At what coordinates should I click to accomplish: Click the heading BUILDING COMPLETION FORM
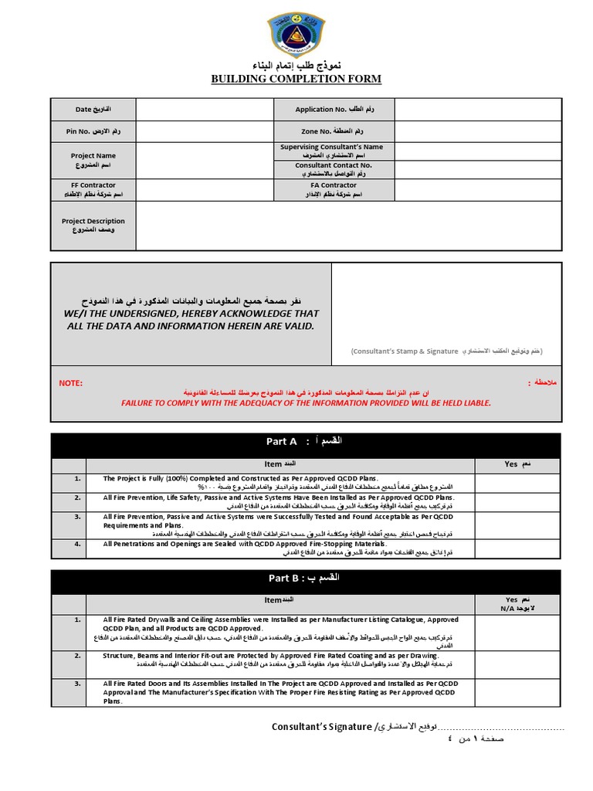[296, 79]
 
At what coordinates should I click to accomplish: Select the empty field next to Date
[205, 110]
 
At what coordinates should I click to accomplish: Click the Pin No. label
[93, 131]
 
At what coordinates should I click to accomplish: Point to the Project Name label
[93, 160]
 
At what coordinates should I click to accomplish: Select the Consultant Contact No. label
[334, 169]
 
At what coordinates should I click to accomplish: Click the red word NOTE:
[70, 383]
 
